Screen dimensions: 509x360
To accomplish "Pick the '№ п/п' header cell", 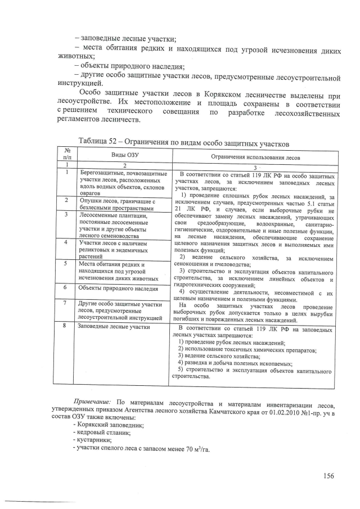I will coord(67,154).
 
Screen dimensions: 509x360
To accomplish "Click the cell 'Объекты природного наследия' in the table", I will coord(118,287).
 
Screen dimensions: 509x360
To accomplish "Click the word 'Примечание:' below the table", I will coord(93,402).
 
